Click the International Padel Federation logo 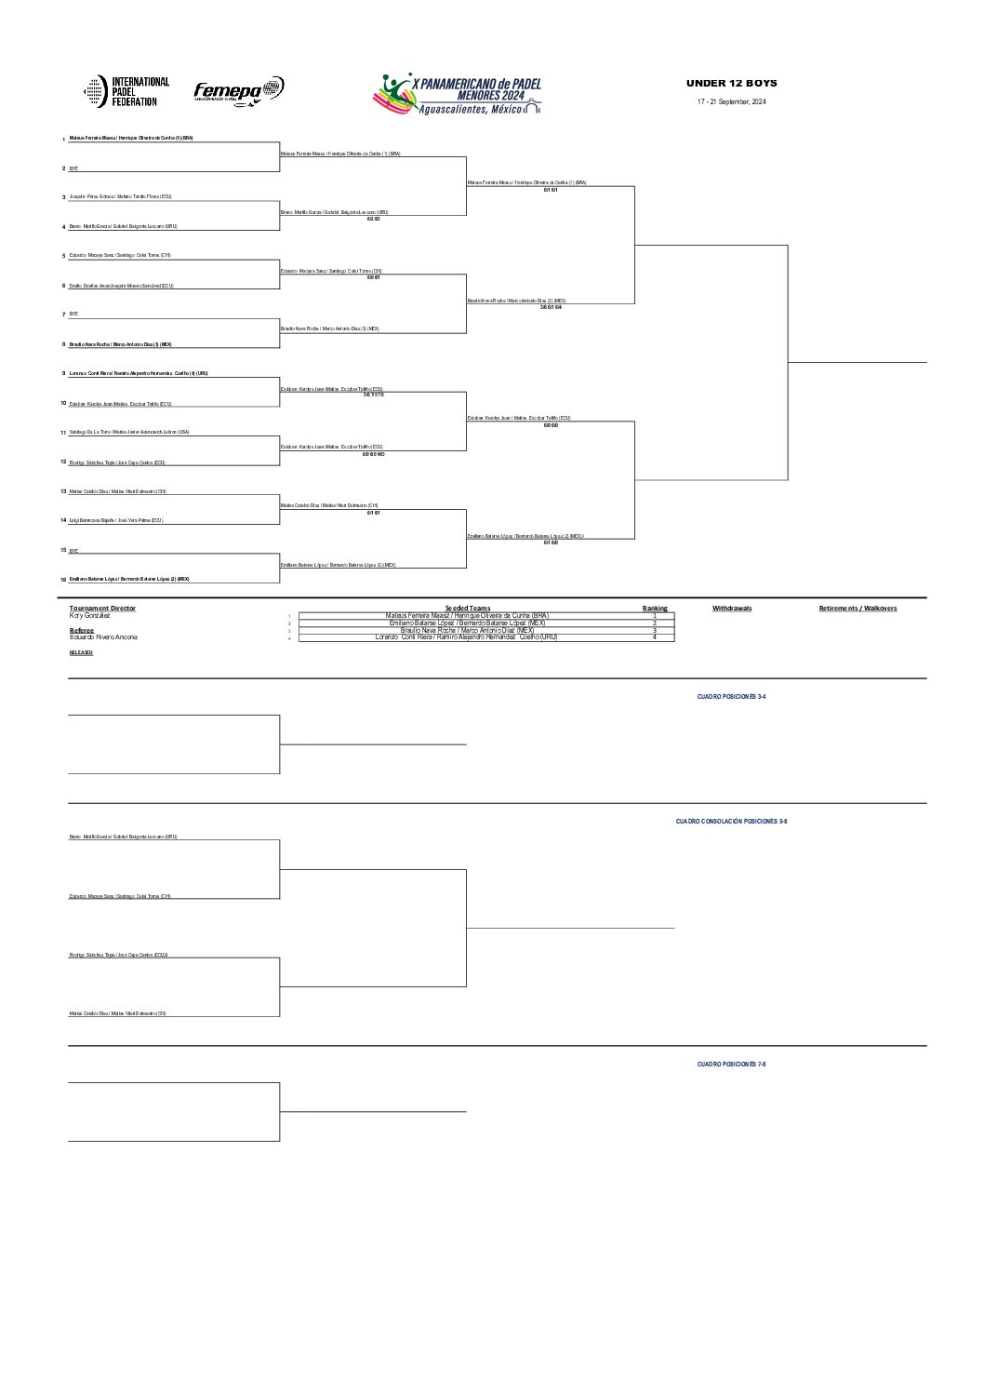[127, 91]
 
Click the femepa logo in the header [238, 90]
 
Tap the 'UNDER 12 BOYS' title [731, 84]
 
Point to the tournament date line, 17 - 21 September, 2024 [732, 101]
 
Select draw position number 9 [63, 373]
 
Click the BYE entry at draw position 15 [74, 551]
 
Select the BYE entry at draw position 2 [74, 168]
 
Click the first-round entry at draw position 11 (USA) [129, 432]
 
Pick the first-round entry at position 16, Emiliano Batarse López [129, 579]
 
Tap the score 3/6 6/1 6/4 [552, 307]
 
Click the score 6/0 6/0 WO [373, 454]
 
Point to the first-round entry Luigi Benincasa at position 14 [116, 520]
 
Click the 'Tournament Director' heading [102, 609]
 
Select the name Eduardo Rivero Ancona [103, 636]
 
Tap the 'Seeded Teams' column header [467, 609]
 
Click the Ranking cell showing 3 [655, 630]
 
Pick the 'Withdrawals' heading [732, 609]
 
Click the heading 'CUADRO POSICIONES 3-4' [731, 696]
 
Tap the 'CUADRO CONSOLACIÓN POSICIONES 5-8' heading [731, 822]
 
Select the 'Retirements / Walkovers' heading [858, 609]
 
